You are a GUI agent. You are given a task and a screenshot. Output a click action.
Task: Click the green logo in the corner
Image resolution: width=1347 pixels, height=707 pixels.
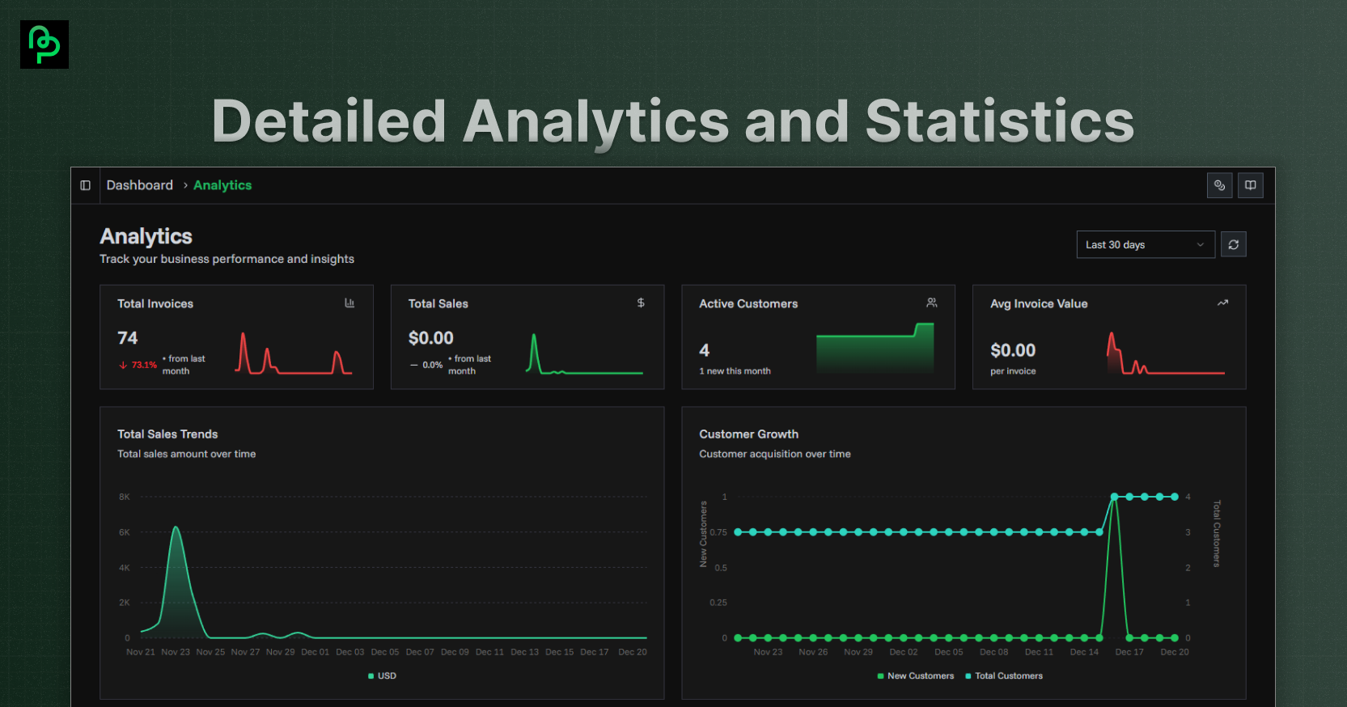pos(44,44)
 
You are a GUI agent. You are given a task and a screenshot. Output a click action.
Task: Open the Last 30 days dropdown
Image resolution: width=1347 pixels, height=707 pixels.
pos(1145,244)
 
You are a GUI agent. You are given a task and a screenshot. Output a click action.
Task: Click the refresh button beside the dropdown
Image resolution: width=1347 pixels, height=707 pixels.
pos(1233,244)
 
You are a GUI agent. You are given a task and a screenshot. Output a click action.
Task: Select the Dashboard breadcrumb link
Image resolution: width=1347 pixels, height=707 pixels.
pos(140,185)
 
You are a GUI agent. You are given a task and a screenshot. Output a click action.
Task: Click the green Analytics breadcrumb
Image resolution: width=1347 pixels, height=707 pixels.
pos(222,185)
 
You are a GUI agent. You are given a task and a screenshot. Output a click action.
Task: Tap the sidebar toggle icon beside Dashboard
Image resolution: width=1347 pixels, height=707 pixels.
pos(86,185)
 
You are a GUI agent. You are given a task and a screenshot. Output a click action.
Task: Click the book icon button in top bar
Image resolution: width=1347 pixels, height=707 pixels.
pos(1250,185)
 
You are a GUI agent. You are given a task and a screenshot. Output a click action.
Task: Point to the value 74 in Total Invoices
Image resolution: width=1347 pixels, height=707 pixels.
pos(128,337)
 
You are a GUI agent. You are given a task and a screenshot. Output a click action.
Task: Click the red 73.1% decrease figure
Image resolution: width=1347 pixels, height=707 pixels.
pos(143,365)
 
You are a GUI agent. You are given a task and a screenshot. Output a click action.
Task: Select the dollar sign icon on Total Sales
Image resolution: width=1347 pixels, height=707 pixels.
pos(641,303)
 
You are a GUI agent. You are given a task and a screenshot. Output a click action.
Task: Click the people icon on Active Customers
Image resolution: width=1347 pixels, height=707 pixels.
pos(931,303)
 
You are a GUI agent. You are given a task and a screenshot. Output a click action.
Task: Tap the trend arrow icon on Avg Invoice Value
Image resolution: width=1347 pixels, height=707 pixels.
pos(1222,303)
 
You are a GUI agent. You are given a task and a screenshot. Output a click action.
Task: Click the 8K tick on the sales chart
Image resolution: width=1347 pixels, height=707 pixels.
pos(124,497)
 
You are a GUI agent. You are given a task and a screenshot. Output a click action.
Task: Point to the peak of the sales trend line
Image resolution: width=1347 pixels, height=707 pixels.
pos(176,528)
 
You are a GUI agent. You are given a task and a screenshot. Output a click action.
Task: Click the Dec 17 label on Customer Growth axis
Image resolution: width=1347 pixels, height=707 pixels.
pos(1129,652)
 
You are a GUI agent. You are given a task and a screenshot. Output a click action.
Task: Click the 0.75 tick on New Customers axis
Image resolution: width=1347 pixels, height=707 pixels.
pos(718,532)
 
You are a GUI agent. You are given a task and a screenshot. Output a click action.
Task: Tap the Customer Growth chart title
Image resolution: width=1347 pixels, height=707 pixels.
pos(748,434)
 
